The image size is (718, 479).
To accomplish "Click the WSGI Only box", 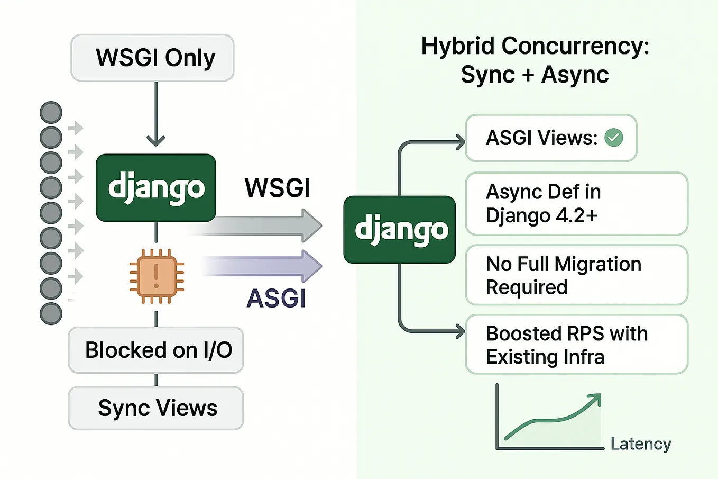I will pyautogui.click(x=152, y=58).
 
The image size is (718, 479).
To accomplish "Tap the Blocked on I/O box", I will pyautogui.click(x=156, y=350).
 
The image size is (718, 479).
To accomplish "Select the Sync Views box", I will pyautogui.click(x=156, y=408).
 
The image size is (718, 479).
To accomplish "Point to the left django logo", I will pyautogui.click(x=156, y=188).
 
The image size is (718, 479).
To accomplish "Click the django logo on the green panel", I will pyautogui.click(x=400, y=230).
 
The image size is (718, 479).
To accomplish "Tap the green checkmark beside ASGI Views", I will pyautogui.click(x=614, y=138).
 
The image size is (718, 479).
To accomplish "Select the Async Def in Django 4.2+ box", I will pyautogui.click(x=576, y=204).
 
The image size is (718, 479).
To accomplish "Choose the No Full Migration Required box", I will pyautogui.click(x=576, y=275).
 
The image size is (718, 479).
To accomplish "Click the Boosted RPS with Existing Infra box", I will pyautogui.click(x=576, y=345).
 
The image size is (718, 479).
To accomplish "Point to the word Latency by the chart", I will pyautogui.click(x=640, y=444).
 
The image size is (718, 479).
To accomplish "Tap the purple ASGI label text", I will pyautogui.click(x=276, y=298).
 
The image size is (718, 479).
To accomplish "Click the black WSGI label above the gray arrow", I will pyautogui.click(x=277, y=188).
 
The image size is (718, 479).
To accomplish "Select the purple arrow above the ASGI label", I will pyautogui.click(x=264, y=266).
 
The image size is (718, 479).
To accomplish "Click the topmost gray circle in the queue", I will pyautogui.click(x=51, y=113).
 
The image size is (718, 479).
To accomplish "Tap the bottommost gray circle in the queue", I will pyautogui.click(x=51, y=313).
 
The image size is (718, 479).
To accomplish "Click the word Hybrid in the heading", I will pyautogui.click(x=458, y=46).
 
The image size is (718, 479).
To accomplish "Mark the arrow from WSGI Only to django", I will pyautogui.click(x=156, y=114).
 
